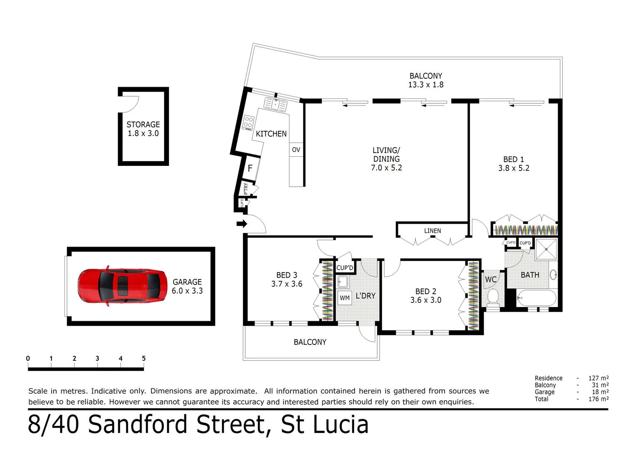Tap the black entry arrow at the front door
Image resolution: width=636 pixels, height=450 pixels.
coord(241,224)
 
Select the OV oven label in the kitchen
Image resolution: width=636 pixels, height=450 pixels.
coord(296,150)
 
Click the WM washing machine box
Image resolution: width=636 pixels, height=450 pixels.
coord(345,298)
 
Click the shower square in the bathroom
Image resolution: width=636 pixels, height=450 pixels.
coord(546,249)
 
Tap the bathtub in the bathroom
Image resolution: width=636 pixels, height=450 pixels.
coord(536,298)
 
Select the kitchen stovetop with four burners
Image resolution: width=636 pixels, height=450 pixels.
coord(248,122)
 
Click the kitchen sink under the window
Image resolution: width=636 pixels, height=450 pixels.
coord(276,104)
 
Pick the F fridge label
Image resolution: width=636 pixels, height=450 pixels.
coord(250,168)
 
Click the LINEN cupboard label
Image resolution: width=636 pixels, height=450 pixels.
coord(432,231)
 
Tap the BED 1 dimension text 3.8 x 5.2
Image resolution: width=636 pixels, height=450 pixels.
coord(514,168)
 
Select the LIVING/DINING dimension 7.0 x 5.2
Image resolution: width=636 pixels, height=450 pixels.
coord(386,168)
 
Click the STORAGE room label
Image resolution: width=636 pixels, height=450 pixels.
coord(143,125)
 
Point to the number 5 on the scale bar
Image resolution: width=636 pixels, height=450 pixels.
coord(144,358)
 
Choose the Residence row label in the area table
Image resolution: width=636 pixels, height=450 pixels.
coord(548,378)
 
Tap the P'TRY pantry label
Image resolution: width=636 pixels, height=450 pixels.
coord(246,189)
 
